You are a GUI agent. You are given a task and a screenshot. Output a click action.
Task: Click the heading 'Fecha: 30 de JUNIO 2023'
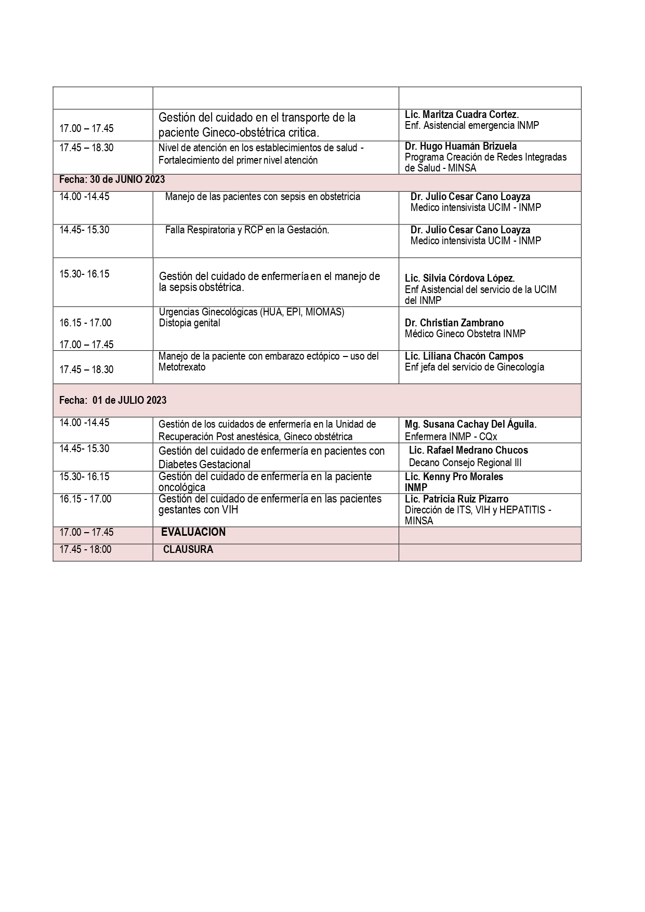(112, 180)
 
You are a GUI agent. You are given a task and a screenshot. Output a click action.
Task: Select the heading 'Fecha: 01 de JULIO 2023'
(113, 400)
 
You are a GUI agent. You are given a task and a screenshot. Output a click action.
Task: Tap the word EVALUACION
(193, 532)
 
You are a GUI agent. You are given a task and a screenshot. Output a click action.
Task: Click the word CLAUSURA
(188, 549)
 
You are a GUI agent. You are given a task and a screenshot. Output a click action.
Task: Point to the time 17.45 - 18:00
(85, 549)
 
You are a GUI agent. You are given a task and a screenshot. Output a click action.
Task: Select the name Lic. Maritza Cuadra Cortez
(462, 114)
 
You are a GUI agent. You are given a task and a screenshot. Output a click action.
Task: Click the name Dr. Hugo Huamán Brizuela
(460, 147)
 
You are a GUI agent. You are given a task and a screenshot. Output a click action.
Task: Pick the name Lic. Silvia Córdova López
(459, 279)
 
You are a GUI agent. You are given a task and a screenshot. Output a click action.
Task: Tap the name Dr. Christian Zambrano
(454, 323)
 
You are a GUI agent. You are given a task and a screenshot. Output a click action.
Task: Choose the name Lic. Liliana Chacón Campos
(464, 356)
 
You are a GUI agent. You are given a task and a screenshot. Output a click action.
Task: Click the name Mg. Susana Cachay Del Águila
(470, 424)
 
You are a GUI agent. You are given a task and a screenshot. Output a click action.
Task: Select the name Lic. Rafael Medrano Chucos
(468, 450)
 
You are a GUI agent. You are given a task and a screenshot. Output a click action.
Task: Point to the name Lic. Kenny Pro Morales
(454, 477)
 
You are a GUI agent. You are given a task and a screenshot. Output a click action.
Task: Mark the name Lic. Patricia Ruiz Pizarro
(456, 499)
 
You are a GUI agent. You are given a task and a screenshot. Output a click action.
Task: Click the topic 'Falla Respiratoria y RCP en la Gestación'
(247, 230)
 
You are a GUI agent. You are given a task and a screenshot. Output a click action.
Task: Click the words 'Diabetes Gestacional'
(204, 464)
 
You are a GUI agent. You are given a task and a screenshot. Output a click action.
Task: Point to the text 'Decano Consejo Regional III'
(465, 462)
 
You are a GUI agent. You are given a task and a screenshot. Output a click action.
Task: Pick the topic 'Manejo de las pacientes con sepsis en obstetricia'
(262, 196)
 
